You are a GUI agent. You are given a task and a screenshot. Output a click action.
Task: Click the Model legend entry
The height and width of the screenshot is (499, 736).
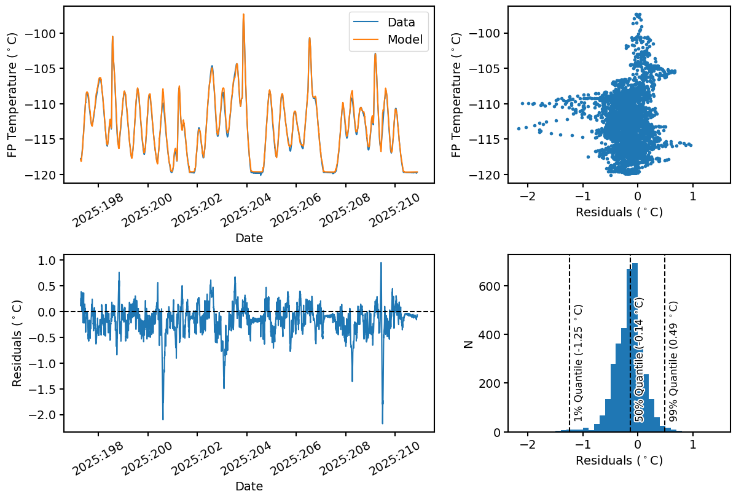404,40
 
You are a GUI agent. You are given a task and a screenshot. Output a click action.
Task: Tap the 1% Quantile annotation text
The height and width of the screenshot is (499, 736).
578,363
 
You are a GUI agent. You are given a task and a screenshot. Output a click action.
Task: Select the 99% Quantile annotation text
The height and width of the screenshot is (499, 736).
673,361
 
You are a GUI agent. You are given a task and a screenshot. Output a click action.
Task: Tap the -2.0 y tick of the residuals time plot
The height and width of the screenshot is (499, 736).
44,415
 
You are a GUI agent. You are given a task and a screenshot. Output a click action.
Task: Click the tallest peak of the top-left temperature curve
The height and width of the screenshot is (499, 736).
243,14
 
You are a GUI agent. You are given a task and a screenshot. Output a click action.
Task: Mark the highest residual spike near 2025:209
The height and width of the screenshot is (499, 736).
381,263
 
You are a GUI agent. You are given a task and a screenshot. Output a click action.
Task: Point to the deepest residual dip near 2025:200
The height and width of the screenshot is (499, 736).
163,419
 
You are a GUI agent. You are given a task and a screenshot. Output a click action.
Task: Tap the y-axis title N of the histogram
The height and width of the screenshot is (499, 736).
469,345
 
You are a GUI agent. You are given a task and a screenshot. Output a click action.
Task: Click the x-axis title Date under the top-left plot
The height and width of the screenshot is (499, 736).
249,238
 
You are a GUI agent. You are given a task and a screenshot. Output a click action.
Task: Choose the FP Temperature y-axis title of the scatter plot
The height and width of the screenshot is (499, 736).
456,95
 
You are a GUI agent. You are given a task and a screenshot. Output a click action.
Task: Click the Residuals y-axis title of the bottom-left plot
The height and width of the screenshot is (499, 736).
18,345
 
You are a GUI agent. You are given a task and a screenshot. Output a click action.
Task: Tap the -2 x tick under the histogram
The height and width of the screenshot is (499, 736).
527,444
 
